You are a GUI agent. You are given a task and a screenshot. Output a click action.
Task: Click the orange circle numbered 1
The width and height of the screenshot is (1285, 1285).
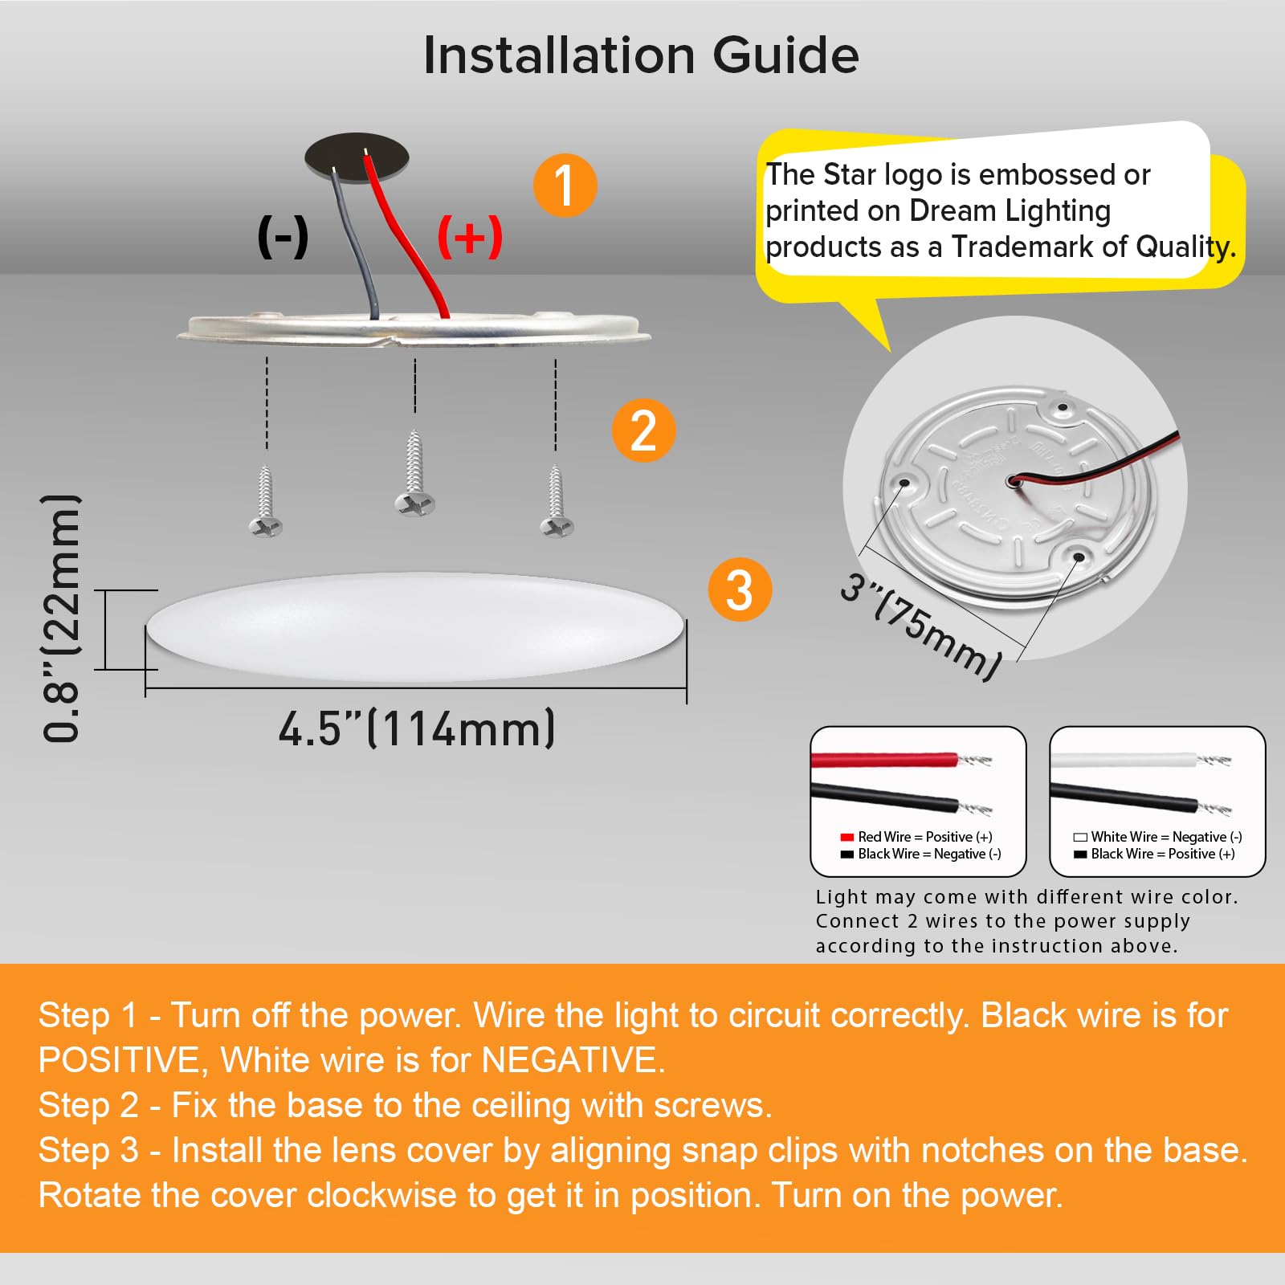(x=565, y=186)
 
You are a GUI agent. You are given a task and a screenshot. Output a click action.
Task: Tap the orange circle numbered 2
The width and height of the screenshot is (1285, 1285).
(x=643, y=430)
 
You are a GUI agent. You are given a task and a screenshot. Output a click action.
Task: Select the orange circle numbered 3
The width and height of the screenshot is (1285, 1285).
(x=739, y=589)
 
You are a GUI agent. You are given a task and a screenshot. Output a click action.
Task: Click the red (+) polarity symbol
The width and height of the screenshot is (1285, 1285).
(x=470, y=237)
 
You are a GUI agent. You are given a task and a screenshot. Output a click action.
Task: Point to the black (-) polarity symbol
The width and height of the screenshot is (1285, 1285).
(x=283, y=237)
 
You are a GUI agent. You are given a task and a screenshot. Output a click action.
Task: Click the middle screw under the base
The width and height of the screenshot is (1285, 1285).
(x=414, y=475)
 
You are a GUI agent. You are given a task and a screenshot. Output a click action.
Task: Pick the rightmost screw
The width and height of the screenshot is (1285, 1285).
(x=556, y=503)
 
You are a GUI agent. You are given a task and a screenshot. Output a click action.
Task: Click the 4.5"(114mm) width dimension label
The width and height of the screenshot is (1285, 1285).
(x=417, y=729)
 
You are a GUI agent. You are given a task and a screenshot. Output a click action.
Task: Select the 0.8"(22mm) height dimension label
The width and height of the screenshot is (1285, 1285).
(x=62, y=618)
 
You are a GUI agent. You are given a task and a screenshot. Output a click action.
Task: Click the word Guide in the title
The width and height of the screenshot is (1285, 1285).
(x=785, y=55)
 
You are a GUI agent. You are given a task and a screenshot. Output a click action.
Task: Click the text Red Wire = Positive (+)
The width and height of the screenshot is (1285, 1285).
(x=924, y=837)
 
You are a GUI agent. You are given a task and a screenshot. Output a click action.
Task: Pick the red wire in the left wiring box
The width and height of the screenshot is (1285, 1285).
(x=883, y=760)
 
